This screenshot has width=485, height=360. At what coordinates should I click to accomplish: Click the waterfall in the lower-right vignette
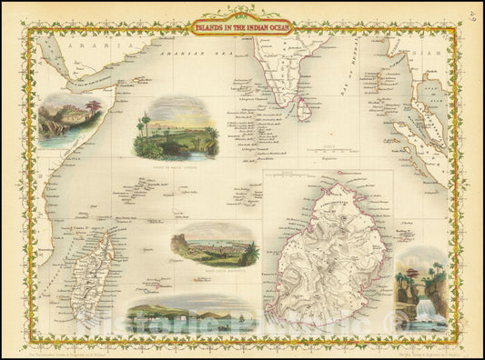tap(424, 306)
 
